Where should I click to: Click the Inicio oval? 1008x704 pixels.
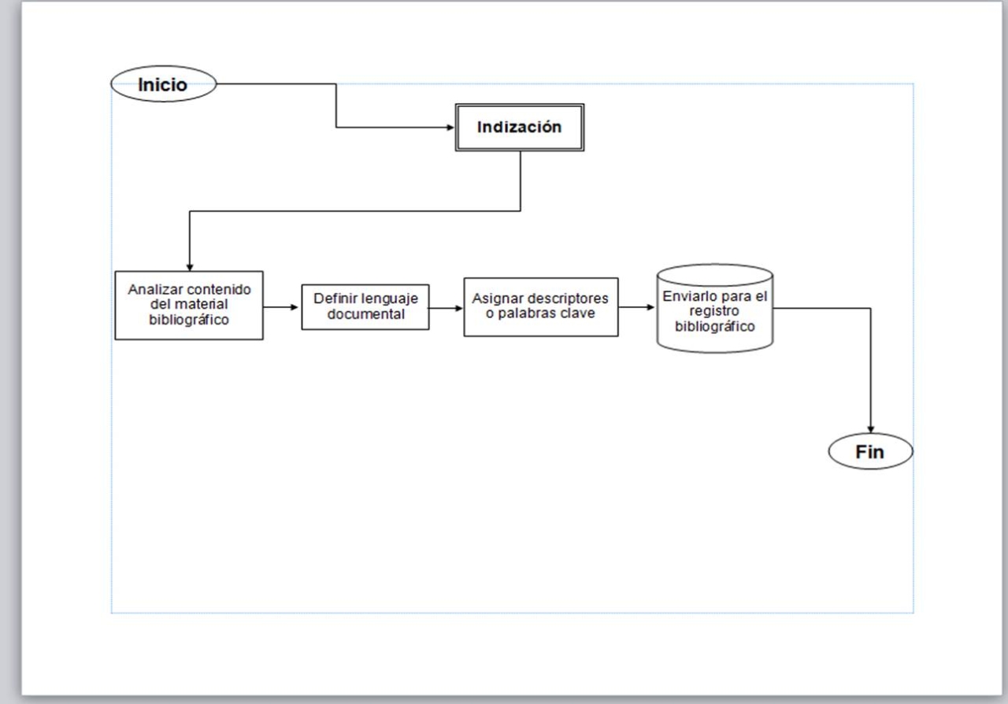163,84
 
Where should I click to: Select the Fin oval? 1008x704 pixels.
870,452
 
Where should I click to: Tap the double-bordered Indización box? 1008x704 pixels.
520,127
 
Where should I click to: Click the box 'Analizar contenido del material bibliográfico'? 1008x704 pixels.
189,306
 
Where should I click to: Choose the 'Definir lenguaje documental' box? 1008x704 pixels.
365,306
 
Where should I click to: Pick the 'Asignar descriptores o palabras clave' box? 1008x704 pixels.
540,306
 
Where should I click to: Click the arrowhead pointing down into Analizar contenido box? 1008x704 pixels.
190,267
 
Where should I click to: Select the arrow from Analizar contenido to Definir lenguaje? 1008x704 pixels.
282,306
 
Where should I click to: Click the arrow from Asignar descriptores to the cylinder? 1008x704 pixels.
637,307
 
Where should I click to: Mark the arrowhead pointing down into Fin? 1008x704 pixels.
871,429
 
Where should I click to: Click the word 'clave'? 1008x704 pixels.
579,314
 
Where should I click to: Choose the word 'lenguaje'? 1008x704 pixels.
391,299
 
